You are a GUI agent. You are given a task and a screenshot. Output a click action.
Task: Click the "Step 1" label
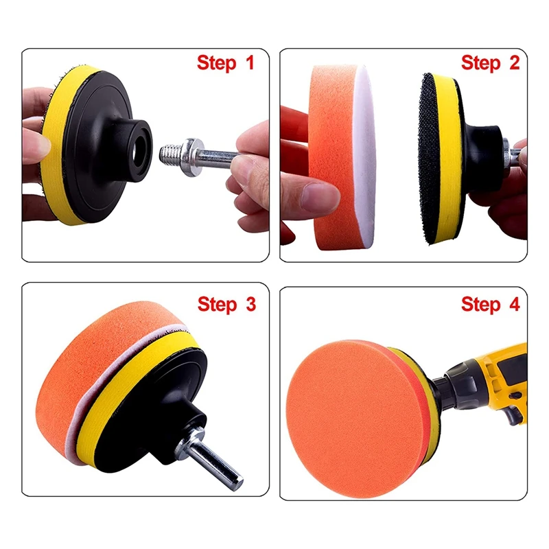coord(225,63)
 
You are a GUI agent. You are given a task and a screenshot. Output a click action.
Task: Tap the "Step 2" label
coord(490,63)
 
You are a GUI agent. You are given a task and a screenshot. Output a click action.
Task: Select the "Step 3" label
coord(226,304)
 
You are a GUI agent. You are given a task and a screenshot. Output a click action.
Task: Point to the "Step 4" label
coord(490,304)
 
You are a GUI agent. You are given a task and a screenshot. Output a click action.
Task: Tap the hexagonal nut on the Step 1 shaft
coord(191,157)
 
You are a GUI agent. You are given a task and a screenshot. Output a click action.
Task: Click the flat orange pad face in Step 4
coord(357,419)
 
